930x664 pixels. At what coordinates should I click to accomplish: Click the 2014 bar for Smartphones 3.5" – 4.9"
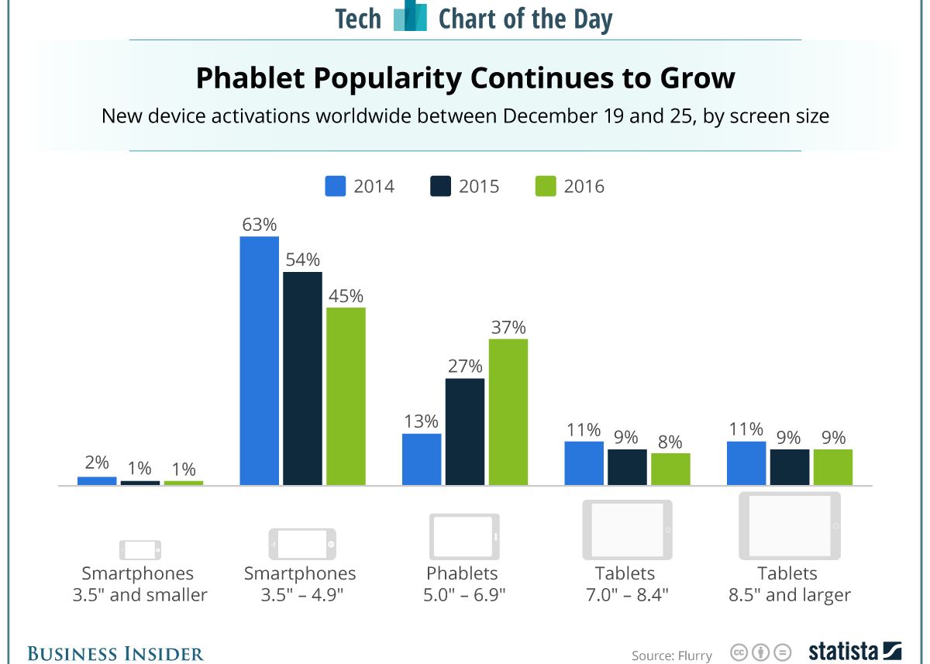pyautogui.click(x=259, y=361)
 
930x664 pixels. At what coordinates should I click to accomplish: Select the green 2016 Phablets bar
pyautogui.click(x=508, y=412)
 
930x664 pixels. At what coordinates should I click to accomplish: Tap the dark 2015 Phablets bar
pyautogui.click(x=465, y=432)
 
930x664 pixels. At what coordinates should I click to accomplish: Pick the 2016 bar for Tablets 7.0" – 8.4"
pyautogui.click(x=670, y=469)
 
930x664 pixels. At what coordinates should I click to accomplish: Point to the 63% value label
pyautogui.click(x=259, y=225)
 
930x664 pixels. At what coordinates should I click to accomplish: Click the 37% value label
pyautogui.click(x=508, y=327)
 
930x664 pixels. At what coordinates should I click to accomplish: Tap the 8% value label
pyautogui.click(x=670, y=442)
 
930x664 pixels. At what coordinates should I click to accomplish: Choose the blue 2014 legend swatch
pyautogui.click(x=335, y=187)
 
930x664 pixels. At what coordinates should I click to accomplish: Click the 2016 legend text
pyautogui.click(x=584, y=187)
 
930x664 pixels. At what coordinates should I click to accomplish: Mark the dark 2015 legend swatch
pyautogui.click(x=440, y=187)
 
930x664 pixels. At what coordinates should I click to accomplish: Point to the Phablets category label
pyautogui.click(x=462, y=573)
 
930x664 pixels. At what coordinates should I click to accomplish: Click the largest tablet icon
pyautogui.click(x=789, y=525)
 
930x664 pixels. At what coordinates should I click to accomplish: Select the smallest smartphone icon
pyautogui.click(x=140, y=549)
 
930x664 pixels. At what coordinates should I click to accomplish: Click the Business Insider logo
pyautogui.click(x=116, y=653)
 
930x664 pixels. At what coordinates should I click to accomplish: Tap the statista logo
pyautogui.click(x=855, y=651)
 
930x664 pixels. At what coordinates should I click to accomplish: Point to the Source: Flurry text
pyautogui.click(x=671, y=655)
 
